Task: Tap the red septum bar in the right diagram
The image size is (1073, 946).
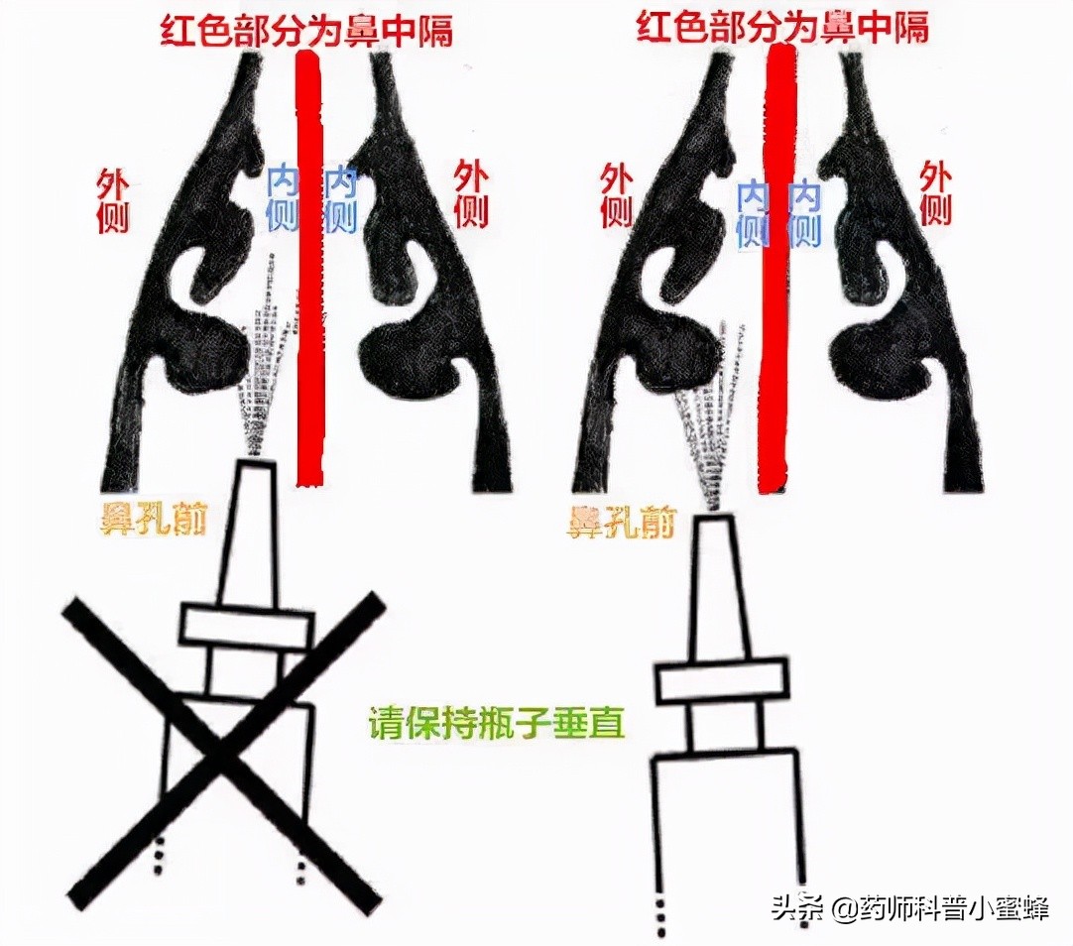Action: point(775,268)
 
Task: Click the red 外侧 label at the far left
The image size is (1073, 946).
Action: point(113,196)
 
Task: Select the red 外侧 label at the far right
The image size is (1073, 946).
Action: point(935,193)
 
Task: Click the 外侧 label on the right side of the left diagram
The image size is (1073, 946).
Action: point(472,193)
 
